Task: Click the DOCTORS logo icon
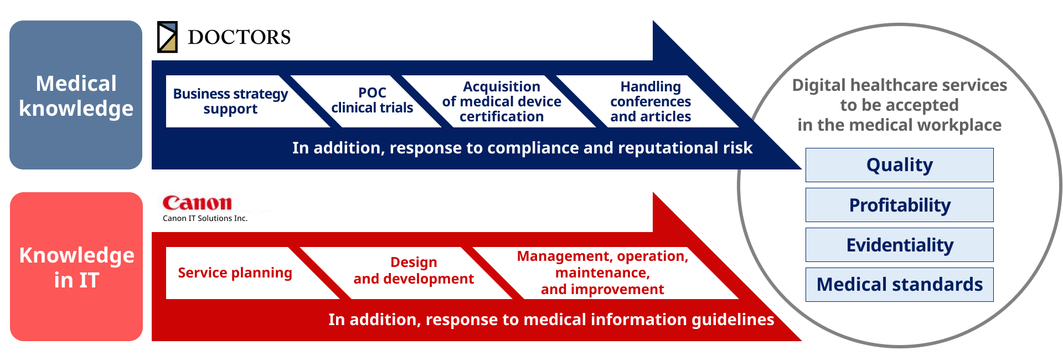pyautogui.click(x=167, y=37)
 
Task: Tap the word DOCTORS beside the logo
pyautogui.click(x=239, y=37)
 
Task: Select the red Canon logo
pyautogui.click(x=197, y=203)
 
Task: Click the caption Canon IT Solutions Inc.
pyautogui.click(x=205, y=218)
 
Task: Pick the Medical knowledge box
pyautogui.click(x=76, y=95)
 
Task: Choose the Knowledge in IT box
pyautogui.click(x=76, y=266)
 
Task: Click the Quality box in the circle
pyautogui.click(x=900, y=165)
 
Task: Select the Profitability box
pyautogui.click(x=900, y=205)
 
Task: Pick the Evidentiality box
pyautogui.click(x=900, y=245)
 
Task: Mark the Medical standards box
pyautogui.click(x=900, y=285)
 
